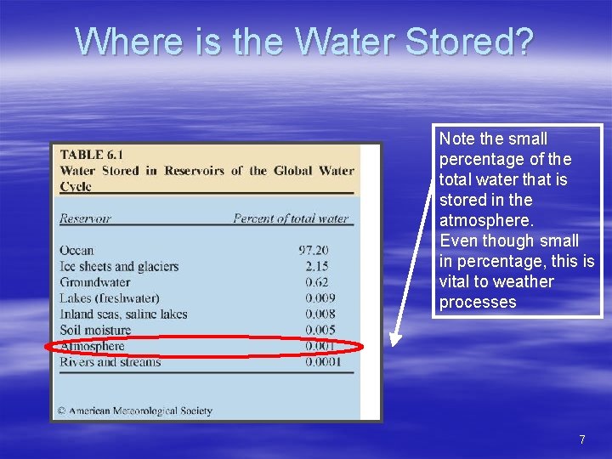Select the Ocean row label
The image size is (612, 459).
(76, 250)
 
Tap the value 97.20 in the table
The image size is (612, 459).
(314, 250)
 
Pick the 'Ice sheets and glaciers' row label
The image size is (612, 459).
(119, 266)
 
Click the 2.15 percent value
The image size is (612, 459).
(316, 266)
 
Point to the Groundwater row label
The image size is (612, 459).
(94, 282)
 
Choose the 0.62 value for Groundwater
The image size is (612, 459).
(316, 282)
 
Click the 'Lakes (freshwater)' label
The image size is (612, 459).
(109, 298)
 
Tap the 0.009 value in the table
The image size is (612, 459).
(320, 298)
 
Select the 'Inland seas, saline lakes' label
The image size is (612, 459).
(123, 314)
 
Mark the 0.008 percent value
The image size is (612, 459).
(320, 314)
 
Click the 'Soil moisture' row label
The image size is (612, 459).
(95, 331)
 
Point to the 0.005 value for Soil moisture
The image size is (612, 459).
(320, 331)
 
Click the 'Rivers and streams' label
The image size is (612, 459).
(110, 362)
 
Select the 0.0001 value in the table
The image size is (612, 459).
(322, 362)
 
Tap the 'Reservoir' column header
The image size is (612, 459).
(85, 218)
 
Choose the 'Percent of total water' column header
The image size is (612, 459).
(291, 218)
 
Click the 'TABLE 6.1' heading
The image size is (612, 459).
(91, 155)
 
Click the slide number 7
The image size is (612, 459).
(582, 439)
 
